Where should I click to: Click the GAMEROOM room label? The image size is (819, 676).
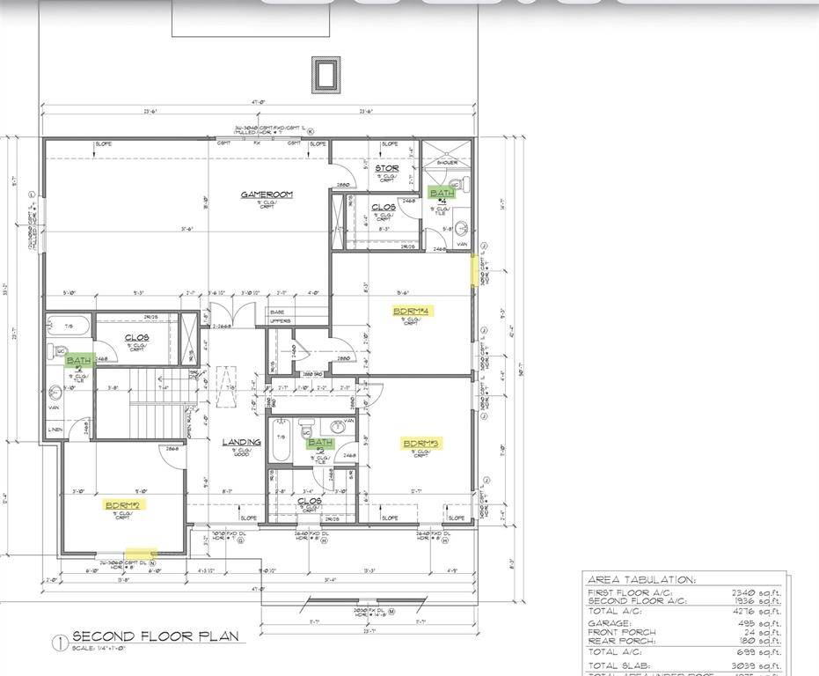[x=267, y=195]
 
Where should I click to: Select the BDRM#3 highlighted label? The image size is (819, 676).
[x=421, y=444]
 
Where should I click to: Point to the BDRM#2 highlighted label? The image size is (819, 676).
[x=123, y=505]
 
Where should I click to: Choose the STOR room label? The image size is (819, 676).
[x=386, y=168]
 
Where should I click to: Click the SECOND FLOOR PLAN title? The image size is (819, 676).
[x=154, y=636]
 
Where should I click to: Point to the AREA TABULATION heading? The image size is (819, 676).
[x=640, y=580]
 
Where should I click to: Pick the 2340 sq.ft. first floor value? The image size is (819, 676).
[x=758, y=592]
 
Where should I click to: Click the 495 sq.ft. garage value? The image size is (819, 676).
[x=762, y=621]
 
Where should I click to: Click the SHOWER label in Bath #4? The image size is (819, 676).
[x=448, y=163]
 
